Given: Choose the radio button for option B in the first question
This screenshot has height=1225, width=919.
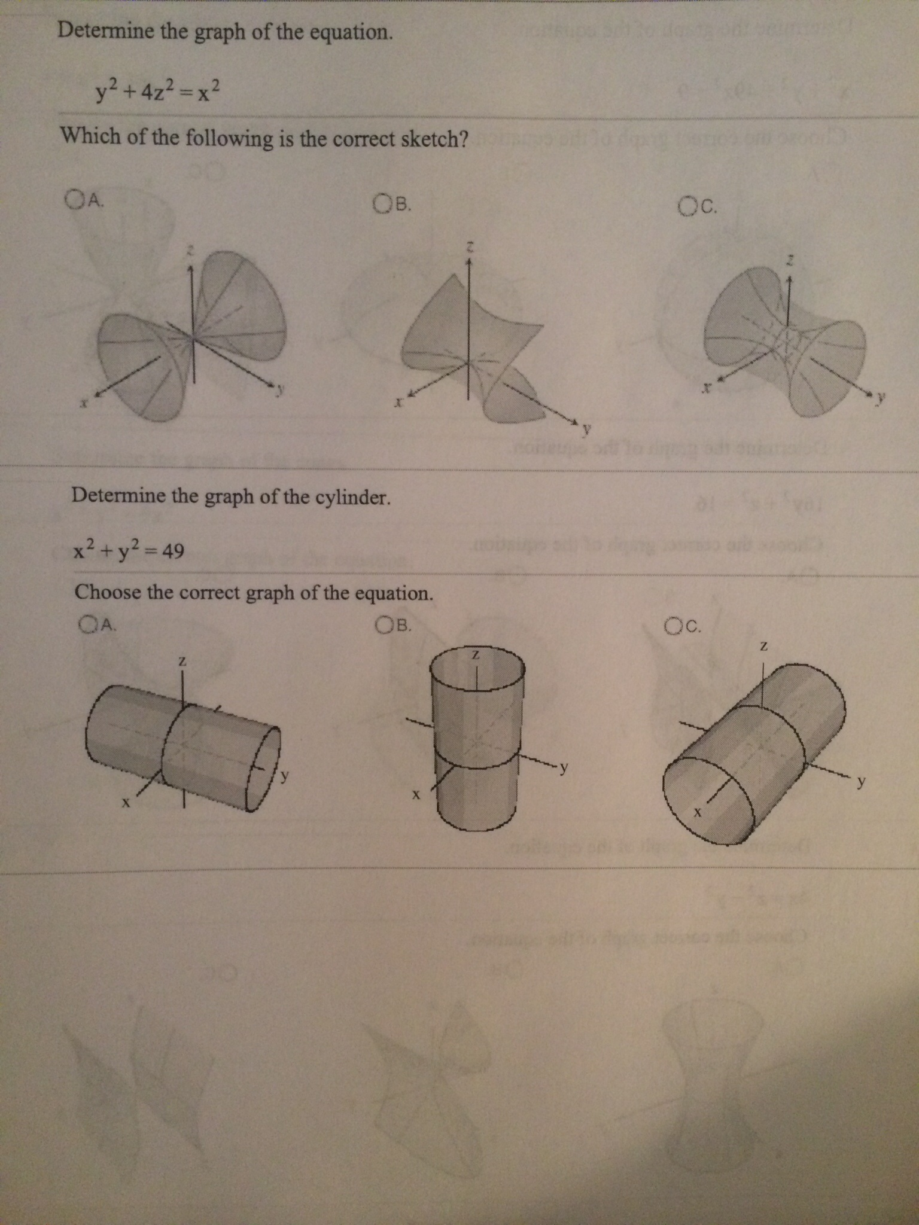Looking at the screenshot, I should pyautogui.click(x=382, y=205).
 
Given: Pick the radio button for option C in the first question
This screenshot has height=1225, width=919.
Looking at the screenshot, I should pyautogui.click(x=687, y=207).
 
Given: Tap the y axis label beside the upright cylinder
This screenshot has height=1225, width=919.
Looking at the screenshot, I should pyautogui.click(x=564, y=768).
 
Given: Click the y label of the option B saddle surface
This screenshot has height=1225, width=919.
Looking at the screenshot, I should pyautogui.click(x=588, y=428).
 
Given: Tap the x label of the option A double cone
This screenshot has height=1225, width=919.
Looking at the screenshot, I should pyautogui.click(x=86, y=405).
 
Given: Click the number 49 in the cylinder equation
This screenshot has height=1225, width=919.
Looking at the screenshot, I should pyautogui.click(x=173, y=550).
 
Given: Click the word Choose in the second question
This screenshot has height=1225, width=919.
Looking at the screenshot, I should pyautogui.click(x=108, y=592).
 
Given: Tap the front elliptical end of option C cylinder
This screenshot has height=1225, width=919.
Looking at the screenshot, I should pyautogui.click(x=708, y=802).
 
